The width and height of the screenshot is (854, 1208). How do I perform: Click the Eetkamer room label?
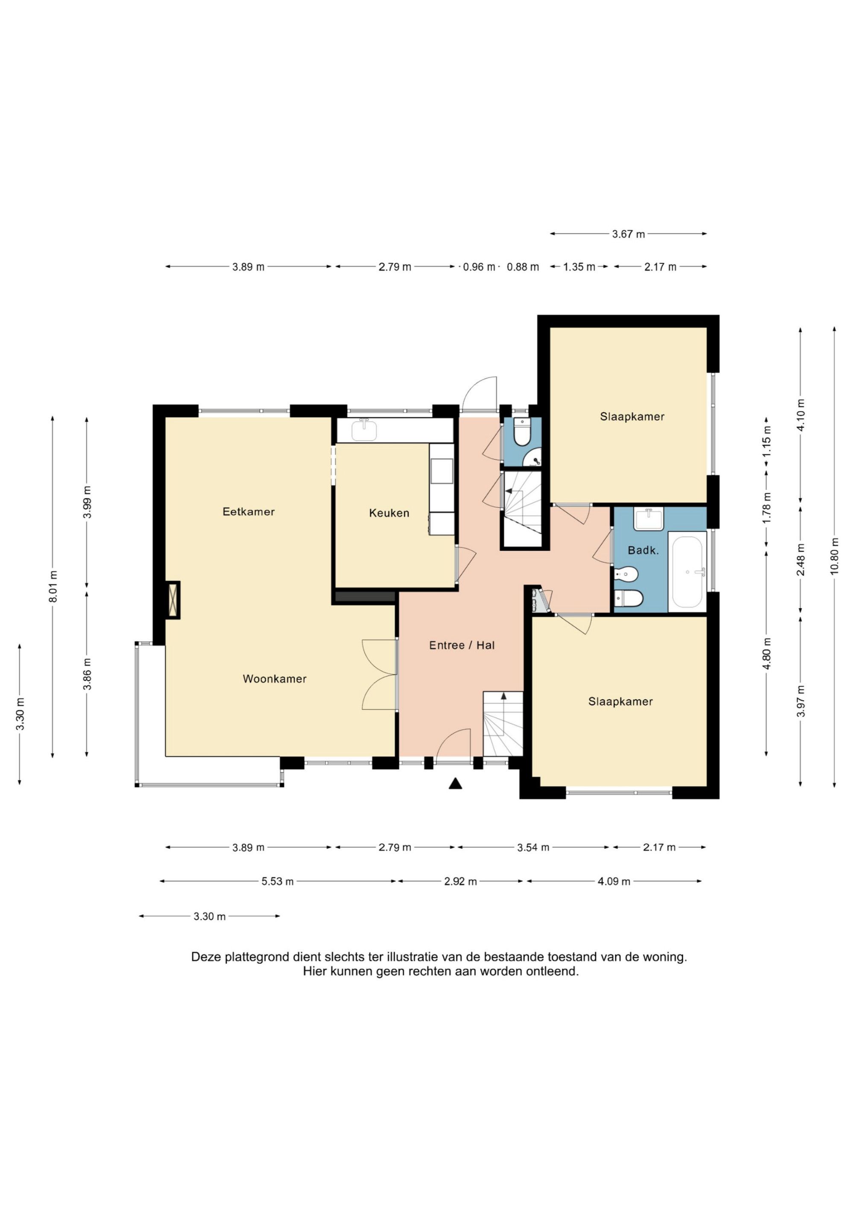(249, 512)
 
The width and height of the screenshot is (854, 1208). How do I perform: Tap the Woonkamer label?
(275, 679)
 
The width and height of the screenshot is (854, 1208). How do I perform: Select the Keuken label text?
(389, 513)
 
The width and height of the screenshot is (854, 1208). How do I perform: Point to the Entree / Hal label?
(462, 645)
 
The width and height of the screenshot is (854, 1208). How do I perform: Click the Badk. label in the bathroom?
(643, 550)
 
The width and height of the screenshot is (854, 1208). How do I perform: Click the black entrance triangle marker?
(455, 784)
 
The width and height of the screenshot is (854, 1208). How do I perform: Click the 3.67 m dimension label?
(628, 234)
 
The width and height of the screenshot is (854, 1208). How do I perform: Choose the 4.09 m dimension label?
(614, 881)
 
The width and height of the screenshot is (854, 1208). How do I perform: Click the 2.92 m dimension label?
(460, 881)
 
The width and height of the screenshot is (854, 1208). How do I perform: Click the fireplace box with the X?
(173, 600)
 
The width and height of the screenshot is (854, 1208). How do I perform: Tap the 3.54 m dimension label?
(533, 848)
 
